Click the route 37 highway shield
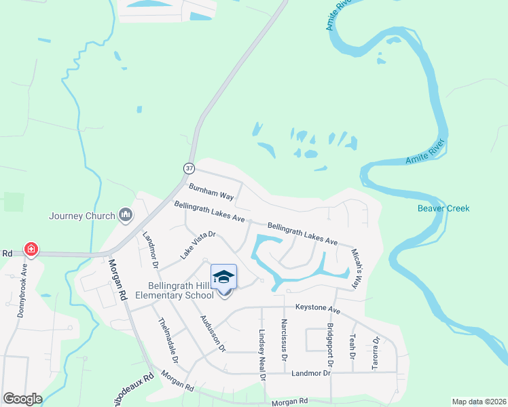click(189, 168)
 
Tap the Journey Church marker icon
click(125, 216)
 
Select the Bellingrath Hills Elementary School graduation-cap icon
click(223, 277)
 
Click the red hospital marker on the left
click(31, 250)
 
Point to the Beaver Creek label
click(443, 208)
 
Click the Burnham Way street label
click(211, 193)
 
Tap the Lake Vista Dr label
click(198, 245)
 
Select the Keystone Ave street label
click(318, 310)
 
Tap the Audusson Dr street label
click(213, 332)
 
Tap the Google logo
click(22, 399)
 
